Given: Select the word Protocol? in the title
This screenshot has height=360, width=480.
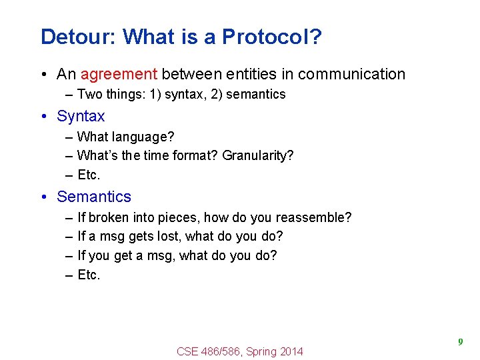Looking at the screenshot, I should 272,37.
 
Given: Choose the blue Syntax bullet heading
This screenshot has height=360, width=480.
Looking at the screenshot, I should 81,116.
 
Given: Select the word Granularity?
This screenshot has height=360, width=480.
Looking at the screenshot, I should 257,156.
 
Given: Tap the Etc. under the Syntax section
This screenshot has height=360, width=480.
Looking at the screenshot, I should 89,175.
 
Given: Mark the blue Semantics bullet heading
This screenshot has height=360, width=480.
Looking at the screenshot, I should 94,197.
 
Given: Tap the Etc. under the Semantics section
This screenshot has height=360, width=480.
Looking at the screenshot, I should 89,275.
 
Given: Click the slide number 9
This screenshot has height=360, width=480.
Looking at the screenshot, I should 460,342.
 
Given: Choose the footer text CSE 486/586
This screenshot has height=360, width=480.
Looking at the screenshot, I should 209,351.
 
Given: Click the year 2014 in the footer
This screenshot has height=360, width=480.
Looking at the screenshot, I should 291,351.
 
